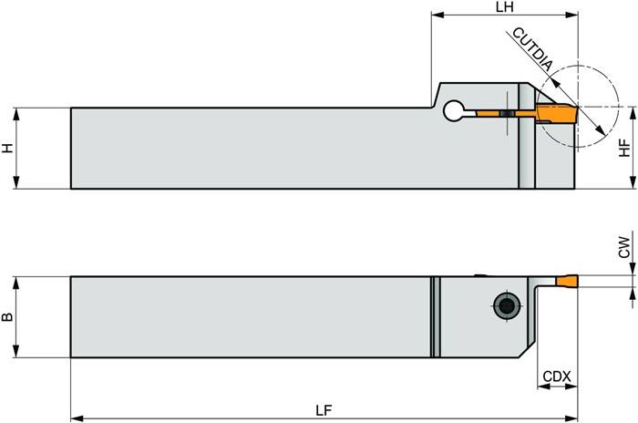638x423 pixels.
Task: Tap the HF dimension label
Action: pyautogui.click(x=624, y=148)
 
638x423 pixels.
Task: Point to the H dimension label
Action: pyautogui.click(x=8, y=148)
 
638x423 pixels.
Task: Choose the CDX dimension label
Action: pyautogui.click(x=556, y=376)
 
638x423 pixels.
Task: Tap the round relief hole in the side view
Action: pyautogui.click(x=453, y=112)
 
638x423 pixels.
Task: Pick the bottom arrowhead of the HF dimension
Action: pyautogui.click(x=632, y=184)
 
